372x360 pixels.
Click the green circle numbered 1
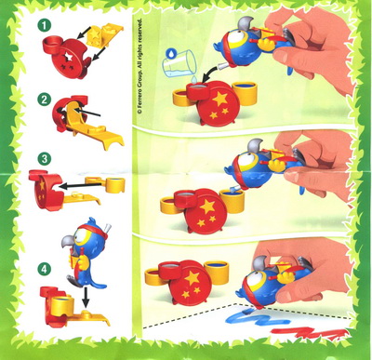(x=45, y=25)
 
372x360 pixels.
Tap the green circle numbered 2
(x=45, y=100)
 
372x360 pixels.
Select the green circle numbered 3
(x=45, y=159)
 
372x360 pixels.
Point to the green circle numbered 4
(x=45, y=269)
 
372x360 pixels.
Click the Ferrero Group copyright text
(x=140, y=66)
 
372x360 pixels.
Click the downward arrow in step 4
(x=86, y=298)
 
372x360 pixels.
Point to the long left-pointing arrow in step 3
(x=81, y=186)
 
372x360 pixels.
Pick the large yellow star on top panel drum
(x=220, y=99)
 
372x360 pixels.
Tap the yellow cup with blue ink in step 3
(x=115, y=185)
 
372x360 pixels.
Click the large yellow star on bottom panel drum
(x=193, y=277)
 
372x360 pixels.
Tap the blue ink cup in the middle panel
(x=232, y=201)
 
